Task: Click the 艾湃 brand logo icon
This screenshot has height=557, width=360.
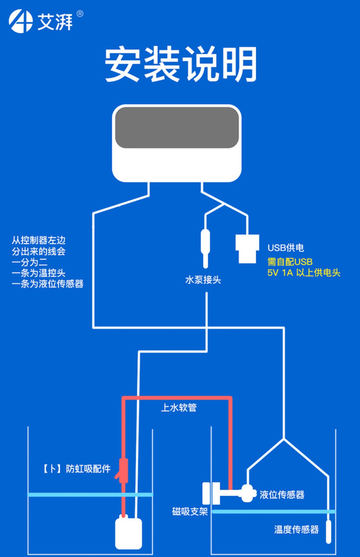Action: (20, 21)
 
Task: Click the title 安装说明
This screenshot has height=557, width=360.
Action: (180, 64)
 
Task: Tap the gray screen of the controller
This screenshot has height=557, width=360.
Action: (177, 128)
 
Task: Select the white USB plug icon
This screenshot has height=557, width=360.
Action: (247, 249)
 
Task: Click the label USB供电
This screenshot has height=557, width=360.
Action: (286, 248)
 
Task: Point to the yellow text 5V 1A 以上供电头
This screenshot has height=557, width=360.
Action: (304, 273)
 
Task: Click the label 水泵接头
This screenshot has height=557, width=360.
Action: (203, 280)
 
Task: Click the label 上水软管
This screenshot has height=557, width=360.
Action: (179, 408)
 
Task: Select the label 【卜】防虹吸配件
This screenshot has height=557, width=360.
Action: (77, 469)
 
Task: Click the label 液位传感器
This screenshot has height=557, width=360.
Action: (282, 495)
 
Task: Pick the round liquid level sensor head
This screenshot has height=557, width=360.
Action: (248, 493)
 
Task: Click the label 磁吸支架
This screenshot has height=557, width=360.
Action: (190, 511)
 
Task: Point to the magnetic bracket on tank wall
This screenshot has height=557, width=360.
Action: (211, 493)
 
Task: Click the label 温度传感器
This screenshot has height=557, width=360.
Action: (296, 529)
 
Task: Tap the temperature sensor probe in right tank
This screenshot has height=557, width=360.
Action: (328, 531)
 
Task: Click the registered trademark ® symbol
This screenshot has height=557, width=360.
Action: (80, 14)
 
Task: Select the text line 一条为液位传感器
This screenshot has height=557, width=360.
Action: (48, 284)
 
